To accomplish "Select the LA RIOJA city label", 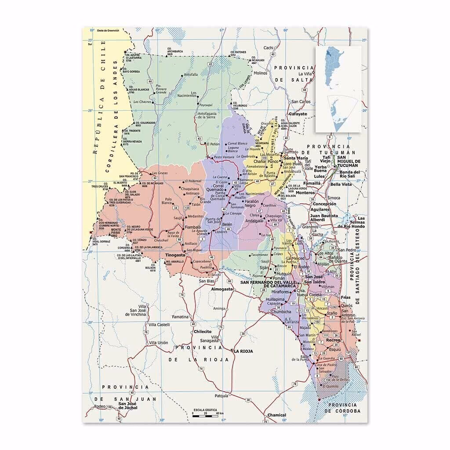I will coord(244,351).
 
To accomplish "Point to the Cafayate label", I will coord(298,114).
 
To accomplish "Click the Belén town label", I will coord(227,224).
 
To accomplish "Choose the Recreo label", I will coord(333,341).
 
